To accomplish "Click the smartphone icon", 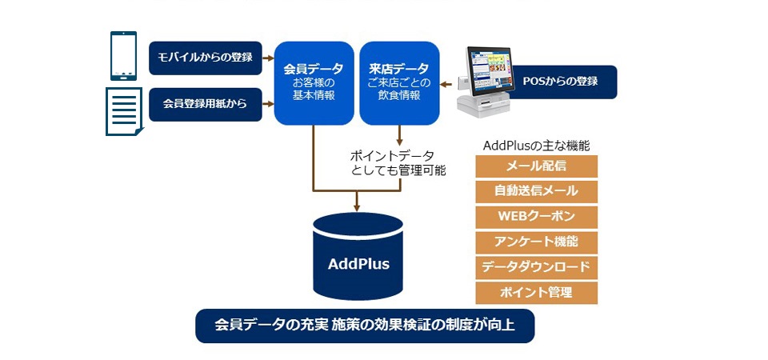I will pos(123,57).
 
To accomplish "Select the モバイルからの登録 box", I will pos(206,58).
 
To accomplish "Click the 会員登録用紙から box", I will pos(206,104).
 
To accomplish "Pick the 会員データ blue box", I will pos(314,83).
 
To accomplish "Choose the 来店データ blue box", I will pos(399,83).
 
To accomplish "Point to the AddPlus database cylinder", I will pos(358,257).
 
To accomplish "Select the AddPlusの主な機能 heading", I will pos(536,146).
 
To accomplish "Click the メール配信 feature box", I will pos(536,166).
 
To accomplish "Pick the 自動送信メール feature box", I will pos(536,192).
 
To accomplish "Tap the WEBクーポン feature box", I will pos(536,217).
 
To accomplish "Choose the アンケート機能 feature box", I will pos(536,242).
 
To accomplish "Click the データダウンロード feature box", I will pos(536,267).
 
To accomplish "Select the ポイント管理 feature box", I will pos(536,292).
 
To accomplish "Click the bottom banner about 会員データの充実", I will pos(364,326).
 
